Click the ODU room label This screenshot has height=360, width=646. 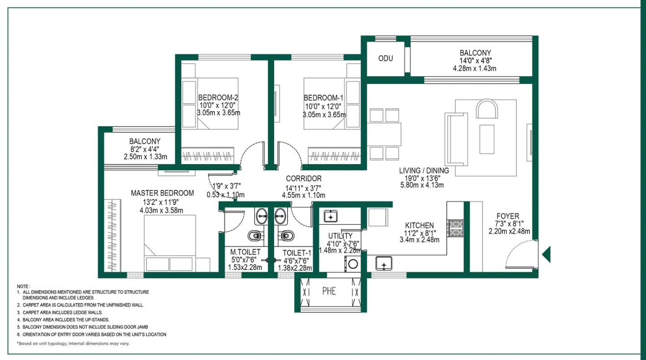[x=386, y=59]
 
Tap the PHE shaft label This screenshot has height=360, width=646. [x=329, y=291]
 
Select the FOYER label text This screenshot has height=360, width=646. [x=508, y=216]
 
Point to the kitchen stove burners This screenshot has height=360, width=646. [x=455, y=228]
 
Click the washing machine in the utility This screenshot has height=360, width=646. [x=353, y=264]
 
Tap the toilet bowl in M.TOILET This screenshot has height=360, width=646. [x=255, y=236]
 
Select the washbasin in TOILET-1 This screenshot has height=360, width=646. [x=280, y=216]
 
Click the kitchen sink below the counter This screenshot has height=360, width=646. [x=384, y=264]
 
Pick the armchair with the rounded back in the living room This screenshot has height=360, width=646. [x=487, y=108]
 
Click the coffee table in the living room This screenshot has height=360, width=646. [x=487, y=139]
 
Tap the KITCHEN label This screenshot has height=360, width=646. [x=419, y=226]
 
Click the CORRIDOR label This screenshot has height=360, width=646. [x=304, y=178]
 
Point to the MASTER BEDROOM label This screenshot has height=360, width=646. [x=162, y=193]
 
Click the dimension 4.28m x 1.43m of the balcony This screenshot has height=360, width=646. [x=475, y=69]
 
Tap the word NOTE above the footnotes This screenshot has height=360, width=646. [x=23, y=286]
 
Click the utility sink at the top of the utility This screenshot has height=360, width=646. [x=331, y=216]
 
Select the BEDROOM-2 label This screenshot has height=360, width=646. [x=218, y=98]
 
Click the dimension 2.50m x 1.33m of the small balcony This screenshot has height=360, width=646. [x=145, y=157]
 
